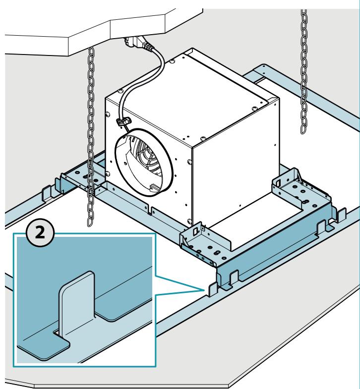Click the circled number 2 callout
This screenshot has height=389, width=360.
click(x=40, y=232)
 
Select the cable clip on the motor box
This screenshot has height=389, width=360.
click(x=123, y=121)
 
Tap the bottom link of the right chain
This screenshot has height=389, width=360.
click(x=303, y=128)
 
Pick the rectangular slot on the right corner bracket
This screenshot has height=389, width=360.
click(x=278, y=182)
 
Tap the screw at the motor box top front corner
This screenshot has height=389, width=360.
click(x=203, y=138)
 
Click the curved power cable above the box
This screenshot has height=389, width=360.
click(x=146, y=74)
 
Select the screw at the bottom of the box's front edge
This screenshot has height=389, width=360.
click(x=189, y=221)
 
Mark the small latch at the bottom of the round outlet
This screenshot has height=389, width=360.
click(x=154, y=187)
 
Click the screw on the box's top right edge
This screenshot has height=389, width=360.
click(x=255, y=109)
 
